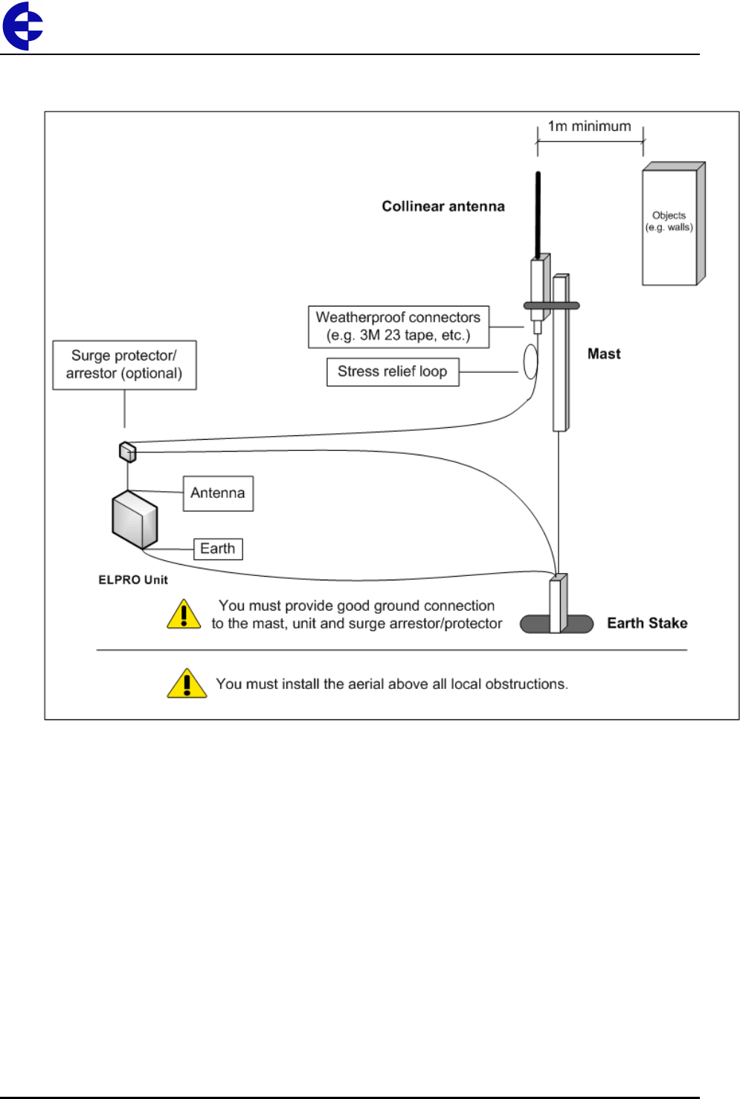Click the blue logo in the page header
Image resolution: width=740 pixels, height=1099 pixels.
pos(23,26)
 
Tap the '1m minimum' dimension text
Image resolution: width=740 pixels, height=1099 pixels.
pos(589,126)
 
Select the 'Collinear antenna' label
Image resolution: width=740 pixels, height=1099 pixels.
pos(443,206)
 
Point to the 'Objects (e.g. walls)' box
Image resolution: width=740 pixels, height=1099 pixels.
pos(672,224)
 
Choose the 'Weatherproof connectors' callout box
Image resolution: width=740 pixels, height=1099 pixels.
pos(399,327)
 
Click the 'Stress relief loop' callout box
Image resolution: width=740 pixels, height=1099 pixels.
pos(393,372)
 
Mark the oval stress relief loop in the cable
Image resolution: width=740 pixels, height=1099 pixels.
pos(530,362)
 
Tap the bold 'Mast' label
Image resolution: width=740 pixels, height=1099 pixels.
pos(604,354)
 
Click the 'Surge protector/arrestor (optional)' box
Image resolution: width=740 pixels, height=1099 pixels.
pos(124,365)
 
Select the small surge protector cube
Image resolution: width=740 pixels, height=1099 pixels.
pos(128,452)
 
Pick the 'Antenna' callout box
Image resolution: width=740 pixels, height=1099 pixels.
pos(218,493)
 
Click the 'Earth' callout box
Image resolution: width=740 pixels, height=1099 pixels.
pos(218,549)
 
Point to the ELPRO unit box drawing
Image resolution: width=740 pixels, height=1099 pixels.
pos(135,519)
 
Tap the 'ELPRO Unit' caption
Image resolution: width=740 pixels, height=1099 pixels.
pos(133,580)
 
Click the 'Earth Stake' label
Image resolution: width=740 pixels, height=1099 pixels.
pos(647,624)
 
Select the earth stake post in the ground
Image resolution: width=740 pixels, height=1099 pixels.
pos(558,603)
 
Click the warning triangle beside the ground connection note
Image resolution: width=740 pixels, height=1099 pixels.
pos(184,615)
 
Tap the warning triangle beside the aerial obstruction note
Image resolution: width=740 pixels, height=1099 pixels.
pos(187,683)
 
